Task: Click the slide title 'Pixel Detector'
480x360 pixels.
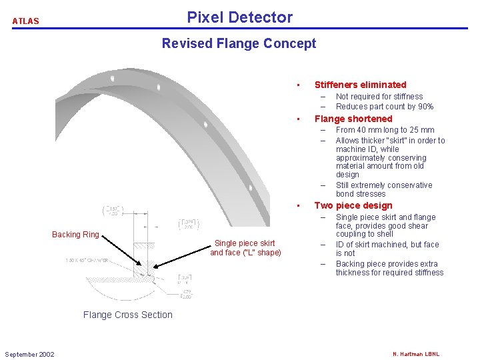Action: (239, 17)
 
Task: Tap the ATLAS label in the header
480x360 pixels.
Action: (25, 21)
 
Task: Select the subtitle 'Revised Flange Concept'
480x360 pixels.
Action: (239, 44)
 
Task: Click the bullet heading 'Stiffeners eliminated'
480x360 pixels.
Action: (360, 85)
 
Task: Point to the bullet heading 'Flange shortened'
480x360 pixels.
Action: (353, 119)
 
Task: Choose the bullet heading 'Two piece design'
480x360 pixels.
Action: (353, 205)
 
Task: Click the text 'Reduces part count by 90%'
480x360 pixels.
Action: (385, 107)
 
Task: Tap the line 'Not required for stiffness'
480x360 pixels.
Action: (379, 97)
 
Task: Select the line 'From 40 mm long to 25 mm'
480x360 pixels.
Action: (385, 130)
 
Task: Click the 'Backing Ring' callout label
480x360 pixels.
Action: (75, 234)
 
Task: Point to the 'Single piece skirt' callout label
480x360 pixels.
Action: (245, 243)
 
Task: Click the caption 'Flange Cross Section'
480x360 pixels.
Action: (127, 315)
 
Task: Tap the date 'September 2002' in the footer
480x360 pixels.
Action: (29, 354)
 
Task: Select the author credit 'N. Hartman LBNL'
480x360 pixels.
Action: (416, 354)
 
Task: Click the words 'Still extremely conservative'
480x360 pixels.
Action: (384, 185)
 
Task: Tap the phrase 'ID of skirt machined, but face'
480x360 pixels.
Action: (387, 245)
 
